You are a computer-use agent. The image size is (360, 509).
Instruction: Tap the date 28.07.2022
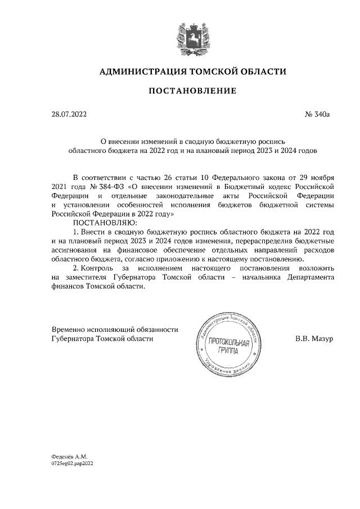[69, 115]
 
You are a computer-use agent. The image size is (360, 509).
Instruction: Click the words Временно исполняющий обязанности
[107, 330]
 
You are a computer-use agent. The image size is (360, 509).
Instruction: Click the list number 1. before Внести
[77, 232]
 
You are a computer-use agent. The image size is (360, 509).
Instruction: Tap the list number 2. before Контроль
[77, 268]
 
